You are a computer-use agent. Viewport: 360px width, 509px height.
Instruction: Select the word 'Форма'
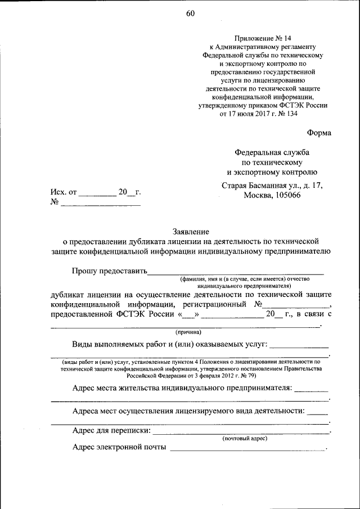click(319, 133)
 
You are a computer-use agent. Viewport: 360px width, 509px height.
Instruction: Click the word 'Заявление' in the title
click(191, 231)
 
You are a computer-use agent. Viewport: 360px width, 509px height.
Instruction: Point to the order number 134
click(291, 114)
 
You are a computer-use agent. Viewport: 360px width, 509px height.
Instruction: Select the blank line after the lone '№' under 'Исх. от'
click(100, 205)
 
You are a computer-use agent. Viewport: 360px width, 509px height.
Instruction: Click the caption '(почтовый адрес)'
click(245, 438)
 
